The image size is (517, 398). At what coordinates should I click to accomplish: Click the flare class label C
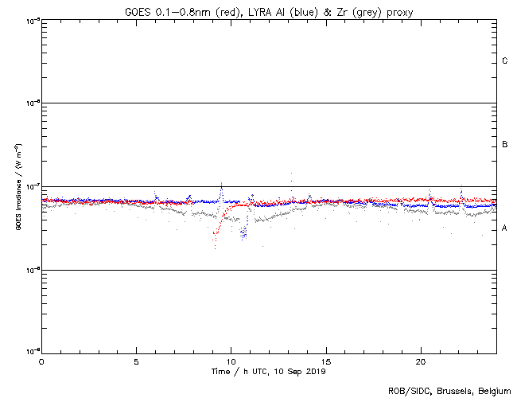[x=505, y=61]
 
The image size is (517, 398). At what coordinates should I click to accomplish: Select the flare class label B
[x=505, y=145]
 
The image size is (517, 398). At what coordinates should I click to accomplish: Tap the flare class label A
[x=505, y=228]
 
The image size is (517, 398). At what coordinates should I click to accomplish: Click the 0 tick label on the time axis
[x=41, y=361]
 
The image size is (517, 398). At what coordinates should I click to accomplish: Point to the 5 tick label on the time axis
[x=136, y=361]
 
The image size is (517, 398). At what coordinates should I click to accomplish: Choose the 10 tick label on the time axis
[x=231, y=361]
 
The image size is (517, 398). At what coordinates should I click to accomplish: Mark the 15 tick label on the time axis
[x=326, y=361]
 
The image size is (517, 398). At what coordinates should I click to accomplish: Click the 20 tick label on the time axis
[x=421, y=361]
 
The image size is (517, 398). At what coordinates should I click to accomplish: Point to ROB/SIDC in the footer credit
[x=404, y=391]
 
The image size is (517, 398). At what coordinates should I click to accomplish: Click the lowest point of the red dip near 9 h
[x=214, y=249]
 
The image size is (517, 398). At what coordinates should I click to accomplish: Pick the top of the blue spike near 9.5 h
[x=221, y=184]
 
